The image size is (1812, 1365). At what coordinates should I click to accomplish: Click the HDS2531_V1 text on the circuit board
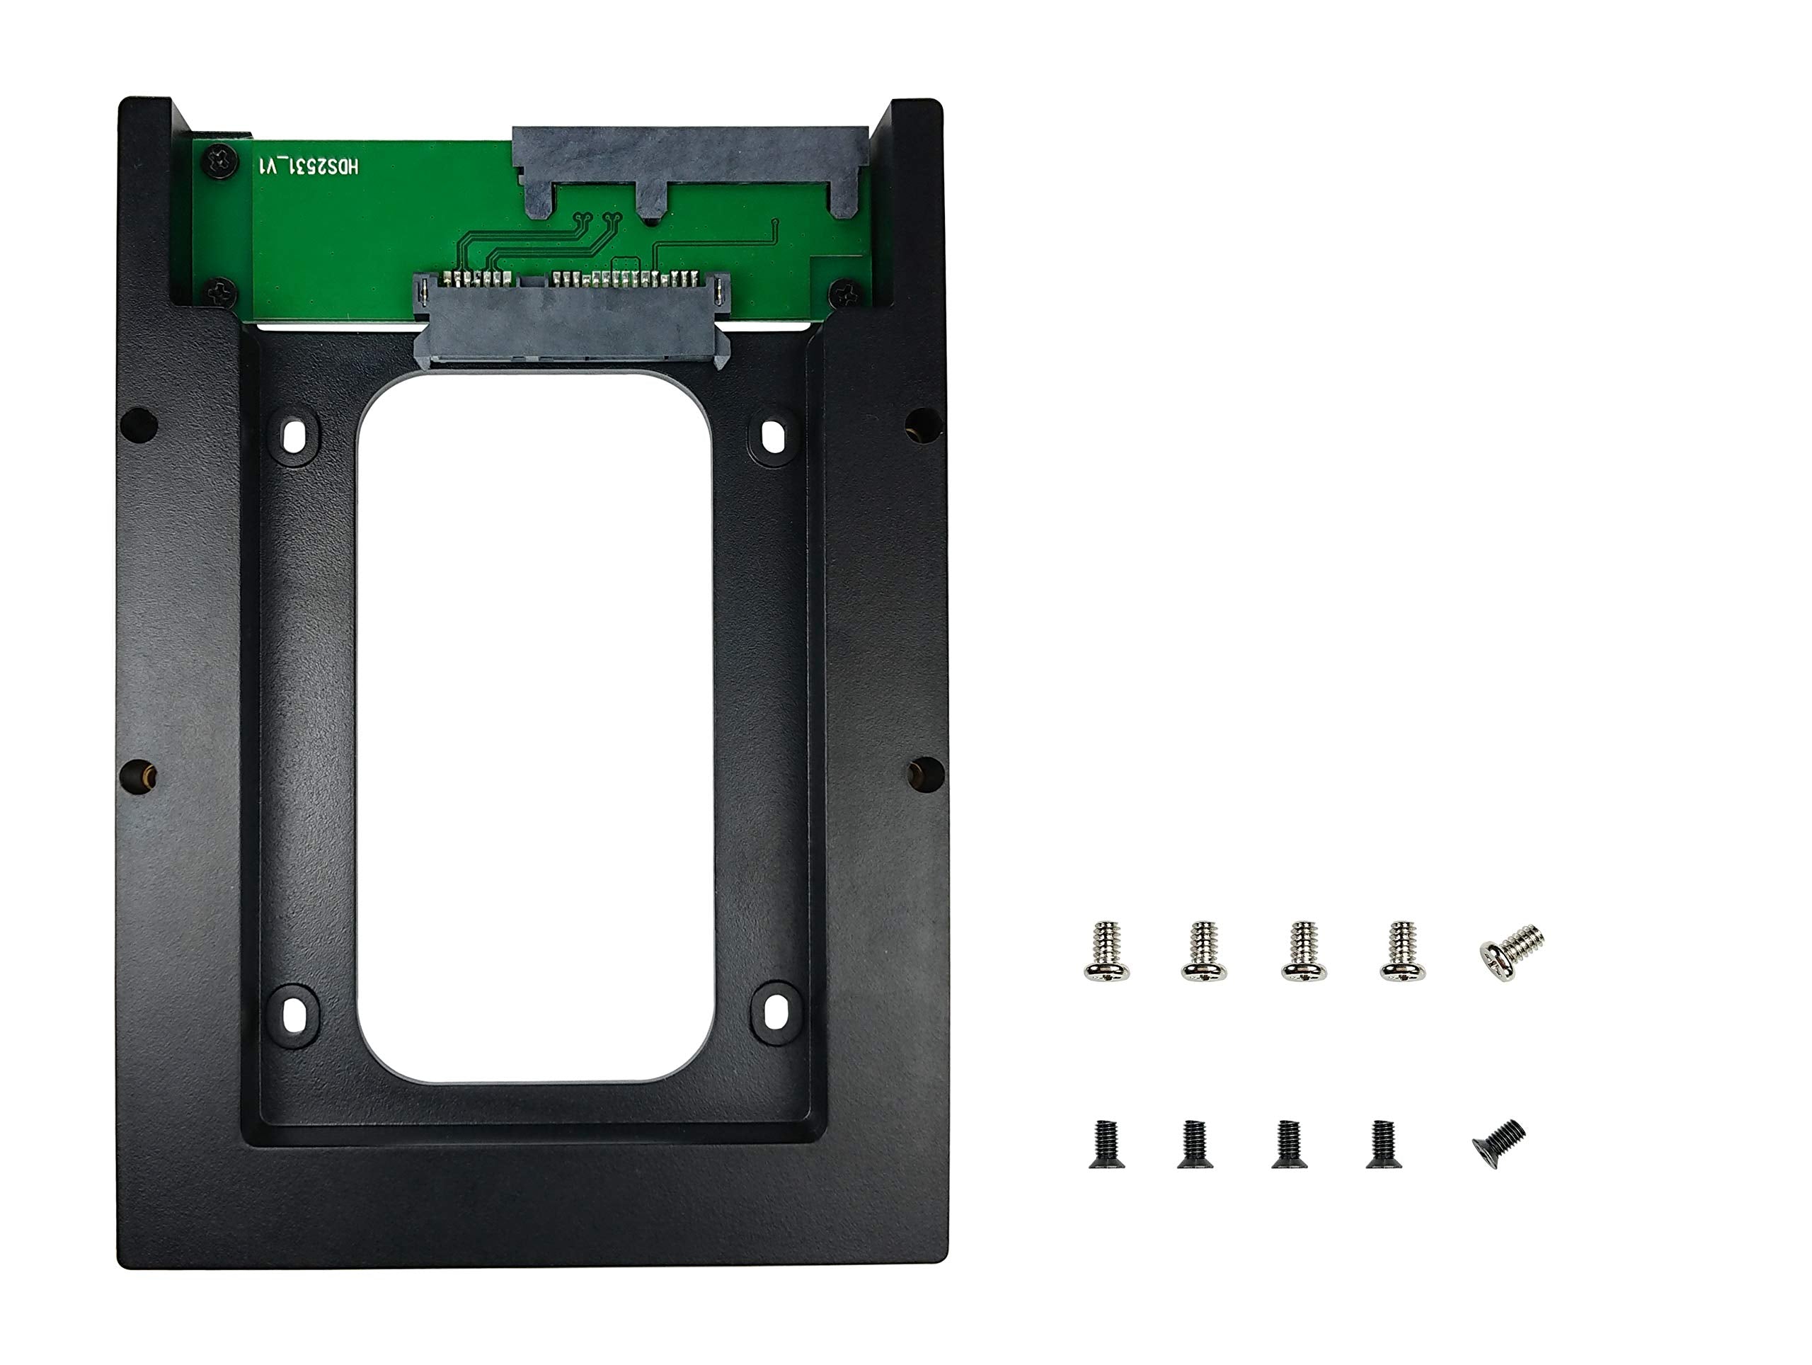coord(309,167)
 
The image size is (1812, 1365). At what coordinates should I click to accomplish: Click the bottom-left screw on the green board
coord(219,291)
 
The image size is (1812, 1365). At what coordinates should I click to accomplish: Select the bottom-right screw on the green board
coord(843,293)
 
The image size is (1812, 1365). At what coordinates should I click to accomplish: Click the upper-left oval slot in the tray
coord(293,438)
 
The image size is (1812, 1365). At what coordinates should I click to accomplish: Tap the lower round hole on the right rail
coord(926,775)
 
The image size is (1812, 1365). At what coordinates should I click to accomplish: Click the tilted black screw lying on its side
coord(1499,1143)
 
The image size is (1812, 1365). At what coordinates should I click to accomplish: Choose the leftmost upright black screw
coord(1107,1144)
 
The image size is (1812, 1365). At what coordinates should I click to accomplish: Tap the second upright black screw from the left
coord(1195,1144)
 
